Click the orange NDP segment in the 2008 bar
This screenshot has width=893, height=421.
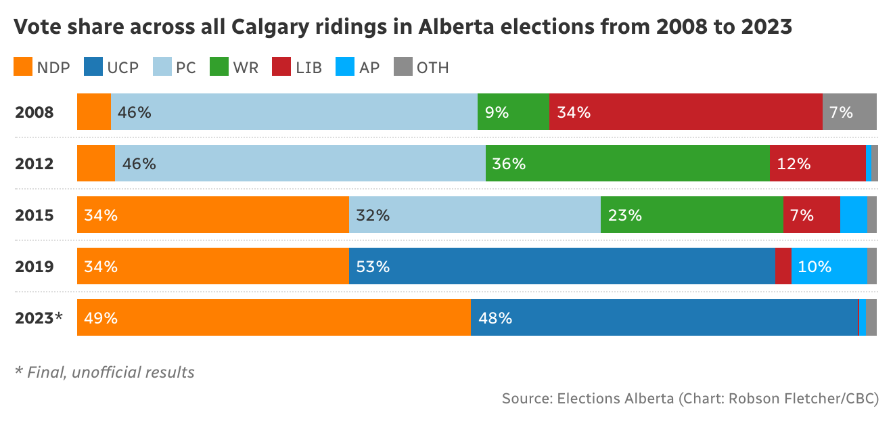click(94, 112)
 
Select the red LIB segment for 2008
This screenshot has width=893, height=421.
click(685, 112)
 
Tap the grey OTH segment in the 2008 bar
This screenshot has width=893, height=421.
click(849, 112)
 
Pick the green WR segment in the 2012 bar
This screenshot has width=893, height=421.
click(627, 164)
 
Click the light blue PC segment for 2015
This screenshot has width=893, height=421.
click(474, 215)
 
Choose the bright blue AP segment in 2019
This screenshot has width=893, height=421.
click(829, 267)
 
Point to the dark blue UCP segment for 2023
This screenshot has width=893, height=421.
click(664, 318)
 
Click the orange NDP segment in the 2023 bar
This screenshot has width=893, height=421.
click(274, 318)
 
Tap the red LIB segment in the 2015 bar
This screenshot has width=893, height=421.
click(811, 215)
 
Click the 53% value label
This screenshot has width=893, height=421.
click(373, 267)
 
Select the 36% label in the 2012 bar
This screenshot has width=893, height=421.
click(509, 164)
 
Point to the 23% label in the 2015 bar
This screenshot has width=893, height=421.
click(624, 215)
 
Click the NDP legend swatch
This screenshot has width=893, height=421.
click(23, 67)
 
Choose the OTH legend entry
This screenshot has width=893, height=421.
click(421, 67)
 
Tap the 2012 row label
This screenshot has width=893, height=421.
click(35, 164)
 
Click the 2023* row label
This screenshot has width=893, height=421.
click(39, 318)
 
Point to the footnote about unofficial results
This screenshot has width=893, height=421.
click(105, 372)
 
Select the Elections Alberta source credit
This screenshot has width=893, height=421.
click(690, 399)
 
